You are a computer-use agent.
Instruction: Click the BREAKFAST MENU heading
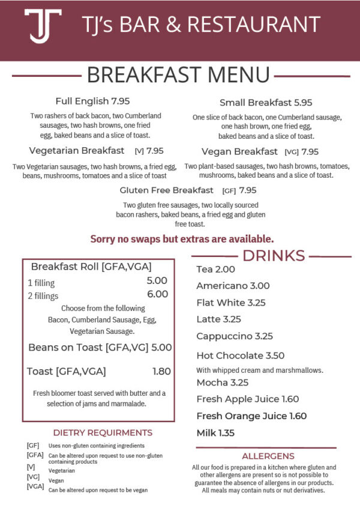(x=178, y=75)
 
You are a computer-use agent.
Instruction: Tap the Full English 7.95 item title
(x=92, y=101)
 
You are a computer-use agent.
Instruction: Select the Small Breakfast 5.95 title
(x=266, y=103)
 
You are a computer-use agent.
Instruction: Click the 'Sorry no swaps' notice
(x=182, y=238)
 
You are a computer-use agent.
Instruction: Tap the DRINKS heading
(x=273, y=255)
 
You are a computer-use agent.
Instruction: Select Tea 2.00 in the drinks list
(x=215, y=270)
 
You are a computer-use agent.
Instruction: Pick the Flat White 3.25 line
(x=230, y=303)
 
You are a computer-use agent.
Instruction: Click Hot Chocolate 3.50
(x=240, y=355)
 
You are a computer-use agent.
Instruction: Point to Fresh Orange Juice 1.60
(x=251, y=416)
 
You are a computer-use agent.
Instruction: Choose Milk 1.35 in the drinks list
(x=215, y=432)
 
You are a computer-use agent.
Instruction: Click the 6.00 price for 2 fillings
(x=157, y=294)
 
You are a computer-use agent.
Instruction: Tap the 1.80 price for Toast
(x=161, y=372)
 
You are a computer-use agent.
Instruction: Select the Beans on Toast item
(x=100, y=347)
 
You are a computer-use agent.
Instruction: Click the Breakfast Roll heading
(x=91, y=267)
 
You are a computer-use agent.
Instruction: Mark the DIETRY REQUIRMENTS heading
(x=103, y=432)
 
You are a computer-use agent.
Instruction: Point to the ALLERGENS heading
(x=268, y=456)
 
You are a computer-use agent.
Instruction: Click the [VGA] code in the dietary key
(x=35, y=486)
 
